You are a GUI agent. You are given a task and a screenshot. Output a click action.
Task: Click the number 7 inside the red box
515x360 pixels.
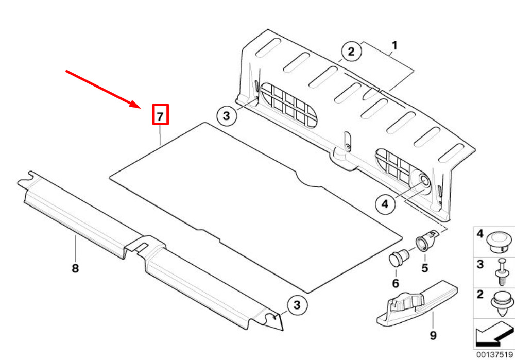[160, 116]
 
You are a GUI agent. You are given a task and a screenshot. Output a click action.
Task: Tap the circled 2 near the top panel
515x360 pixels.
[351, 52]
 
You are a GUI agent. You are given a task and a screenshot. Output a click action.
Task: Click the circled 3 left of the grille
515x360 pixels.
[227, 116]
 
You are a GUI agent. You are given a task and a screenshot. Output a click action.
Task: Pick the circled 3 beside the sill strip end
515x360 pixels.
[297, 305]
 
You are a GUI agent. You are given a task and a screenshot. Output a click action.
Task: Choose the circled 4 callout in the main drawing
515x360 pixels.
[385, 205]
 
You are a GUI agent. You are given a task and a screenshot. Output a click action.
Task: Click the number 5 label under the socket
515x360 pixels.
[425, 268]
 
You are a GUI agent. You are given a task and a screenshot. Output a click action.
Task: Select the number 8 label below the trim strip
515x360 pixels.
[75, 268]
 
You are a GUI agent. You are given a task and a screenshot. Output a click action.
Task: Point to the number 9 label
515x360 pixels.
[433, 335]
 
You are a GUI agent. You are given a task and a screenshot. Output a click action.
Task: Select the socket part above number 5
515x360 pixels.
[426, 240]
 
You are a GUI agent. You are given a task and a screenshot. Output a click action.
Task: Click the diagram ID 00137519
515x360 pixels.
[493, 355]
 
